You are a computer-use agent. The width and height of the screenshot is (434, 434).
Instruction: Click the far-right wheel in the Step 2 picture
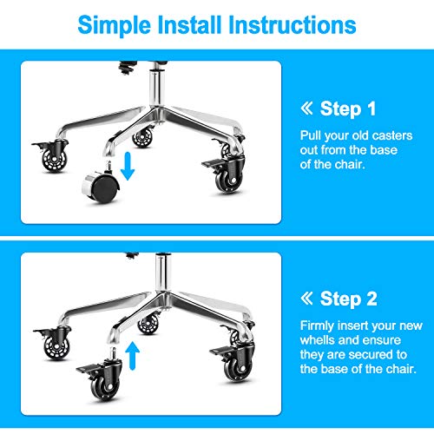[233, 364]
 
